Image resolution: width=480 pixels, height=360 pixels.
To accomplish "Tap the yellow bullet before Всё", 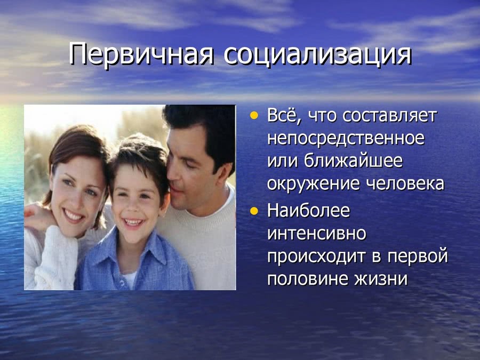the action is (254, 116).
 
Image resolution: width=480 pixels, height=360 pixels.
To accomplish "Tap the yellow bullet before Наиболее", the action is (254, 211).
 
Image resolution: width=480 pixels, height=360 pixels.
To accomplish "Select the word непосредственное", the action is (346, 139).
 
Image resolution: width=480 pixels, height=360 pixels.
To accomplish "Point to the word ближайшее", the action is (353, 161).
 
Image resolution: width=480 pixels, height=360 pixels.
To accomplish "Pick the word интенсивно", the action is (316, 234).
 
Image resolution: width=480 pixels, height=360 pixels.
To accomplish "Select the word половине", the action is (308, 279).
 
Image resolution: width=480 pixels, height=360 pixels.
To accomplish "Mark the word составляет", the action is (390, 116).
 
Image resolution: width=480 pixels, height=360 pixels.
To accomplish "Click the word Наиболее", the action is (308, 211).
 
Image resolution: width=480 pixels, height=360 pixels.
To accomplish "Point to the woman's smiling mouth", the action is (74, 216).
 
